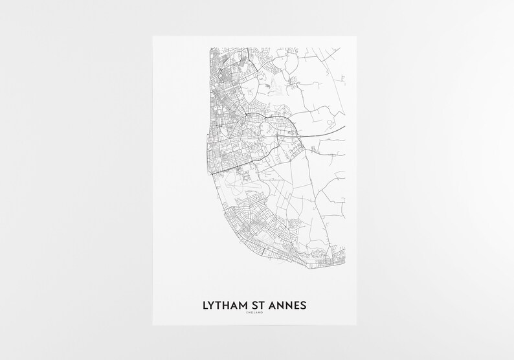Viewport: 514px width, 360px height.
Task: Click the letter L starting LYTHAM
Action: click(x=206, y=304)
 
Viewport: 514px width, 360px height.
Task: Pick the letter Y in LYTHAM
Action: click(x=213, y=304)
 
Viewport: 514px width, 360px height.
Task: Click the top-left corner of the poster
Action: click(x=153, y=36)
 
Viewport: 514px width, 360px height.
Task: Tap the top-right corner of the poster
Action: click(x=361, y=36)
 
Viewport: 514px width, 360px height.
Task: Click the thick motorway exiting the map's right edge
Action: click(x=343, y=129)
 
